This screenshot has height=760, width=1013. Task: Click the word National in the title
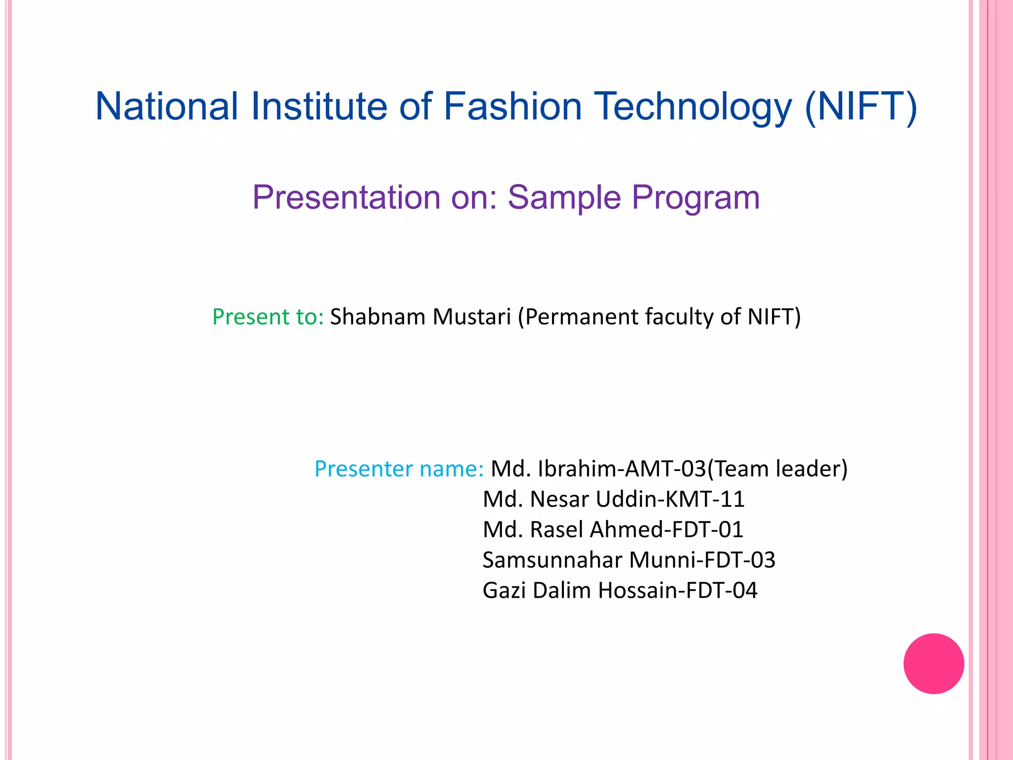(167, 106)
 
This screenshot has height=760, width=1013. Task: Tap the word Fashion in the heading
(512, 106)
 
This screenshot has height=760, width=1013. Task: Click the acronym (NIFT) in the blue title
(861, 106)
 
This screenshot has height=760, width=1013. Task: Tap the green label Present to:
(268, 317)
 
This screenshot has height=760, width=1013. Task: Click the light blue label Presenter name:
(399, 469)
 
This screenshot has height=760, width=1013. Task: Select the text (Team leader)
(777, 469)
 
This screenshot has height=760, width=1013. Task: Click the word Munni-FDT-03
(702, 560)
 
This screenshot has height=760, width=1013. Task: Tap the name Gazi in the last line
(504, 590)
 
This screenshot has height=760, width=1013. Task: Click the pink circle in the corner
(933, 664)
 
